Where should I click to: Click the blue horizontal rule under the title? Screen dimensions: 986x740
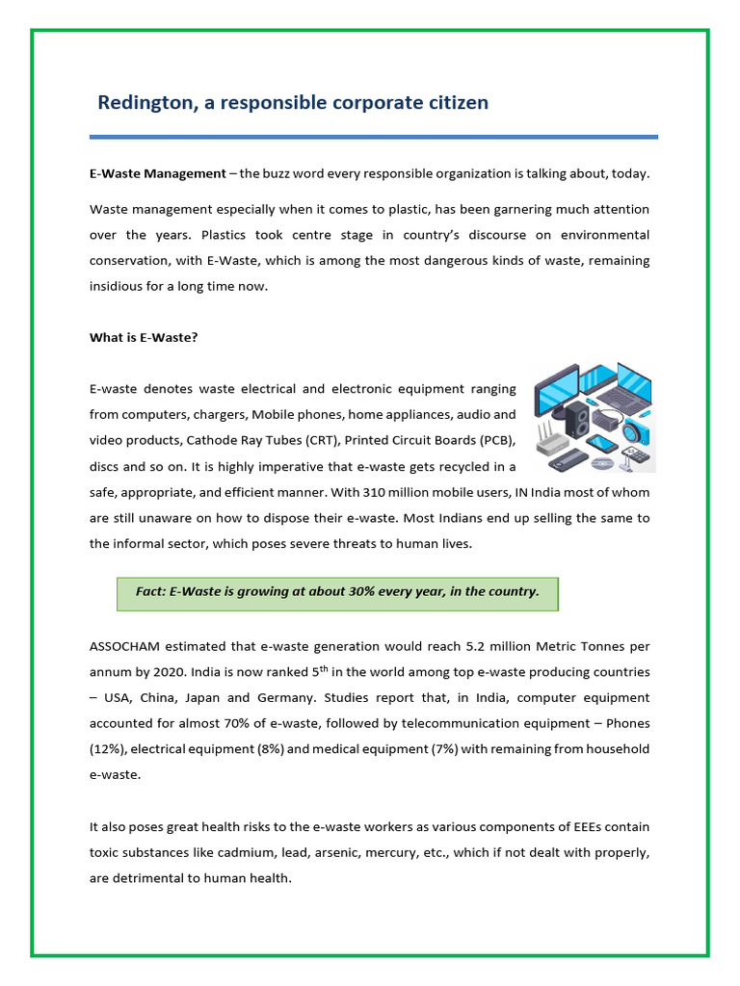373,137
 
